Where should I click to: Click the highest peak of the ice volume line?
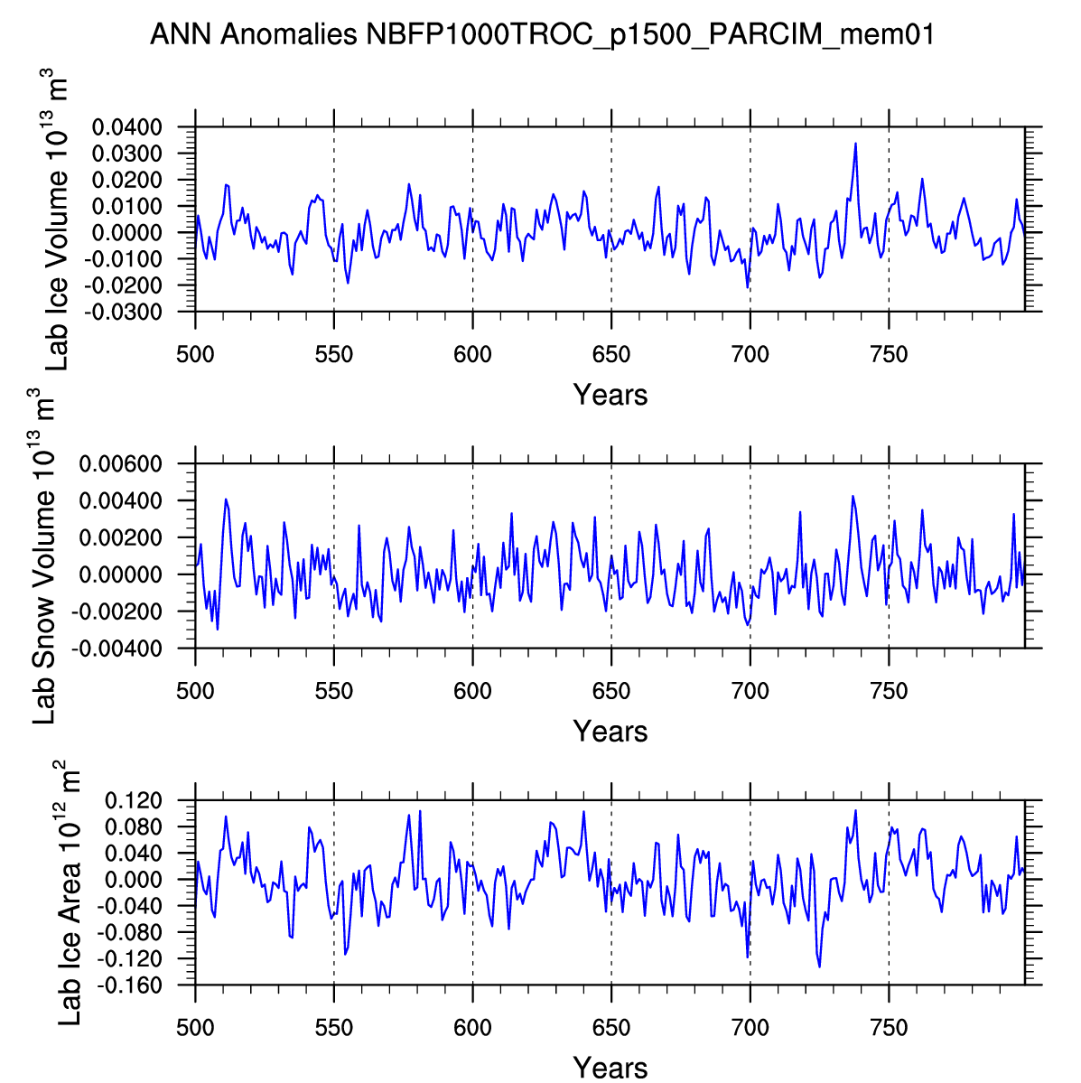[x=855, y=144]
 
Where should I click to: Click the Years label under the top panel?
[x=610, y=395]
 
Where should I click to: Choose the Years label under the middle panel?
[x=610, y=731]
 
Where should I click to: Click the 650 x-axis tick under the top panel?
[x=611, y=355]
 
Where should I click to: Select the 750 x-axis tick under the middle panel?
[x=889, y=692]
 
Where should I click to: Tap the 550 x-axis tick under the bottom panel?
[x=334, y=1028]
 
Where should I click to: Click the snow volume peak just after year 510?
[x=226, y=499]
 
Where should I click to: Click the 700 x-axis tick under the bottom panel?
[x=750, y=1028]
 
